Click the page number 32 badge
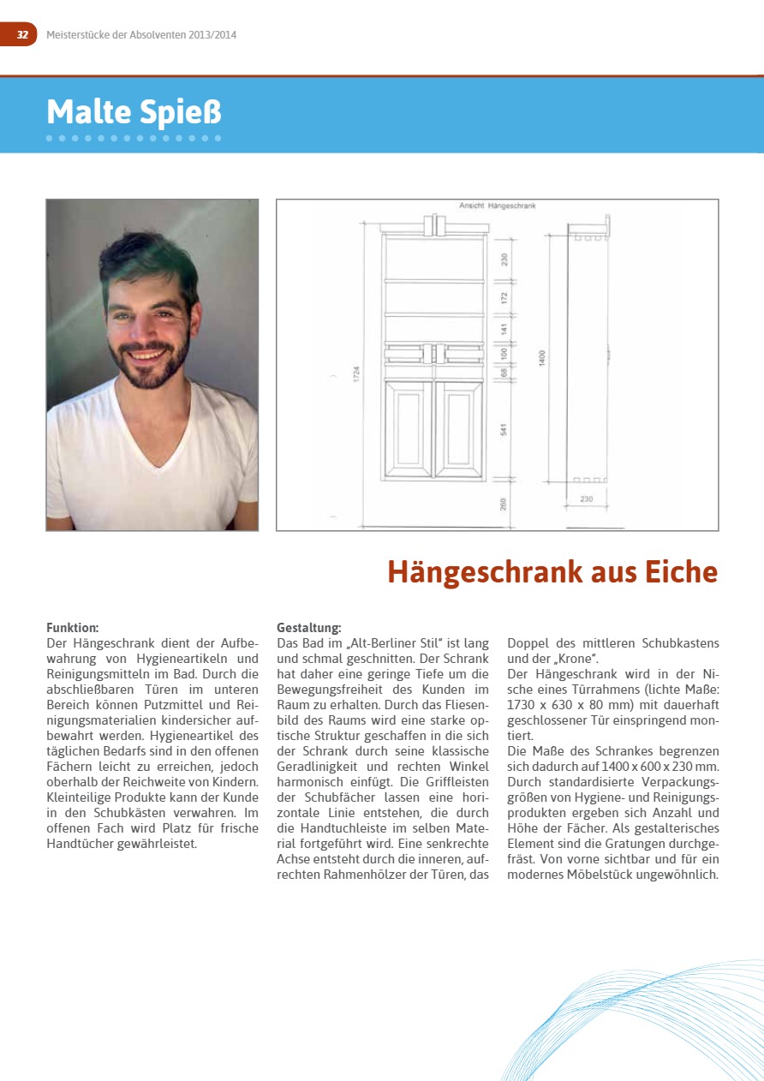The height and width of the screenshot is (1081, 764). click(21, 35)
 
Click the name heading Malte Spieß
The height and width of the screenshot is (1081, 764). click(134, 112)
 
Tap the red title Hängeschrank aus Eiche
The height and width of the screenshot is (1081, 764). click(552, 571)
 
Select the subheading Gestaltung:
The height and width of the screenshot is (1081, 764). click(309, 628)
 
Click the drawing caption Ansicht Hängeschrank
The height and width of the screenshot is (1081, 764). click(497, 206)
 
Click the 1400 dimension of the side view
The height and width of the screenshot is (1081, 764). click(541, 357)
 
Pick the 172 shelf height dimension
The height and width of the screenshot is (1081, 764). click(504, 297)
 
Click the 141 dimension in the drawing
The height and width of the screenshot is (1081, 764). click(504, 328)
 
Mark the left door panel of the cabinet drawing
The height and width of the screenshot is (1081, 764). click(409, 428)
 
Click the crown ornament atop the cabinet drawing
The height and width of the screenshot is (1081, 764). click(434, 225)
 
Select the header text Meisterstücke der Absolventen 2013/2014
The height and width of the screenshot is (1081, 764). click(141, 35)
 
